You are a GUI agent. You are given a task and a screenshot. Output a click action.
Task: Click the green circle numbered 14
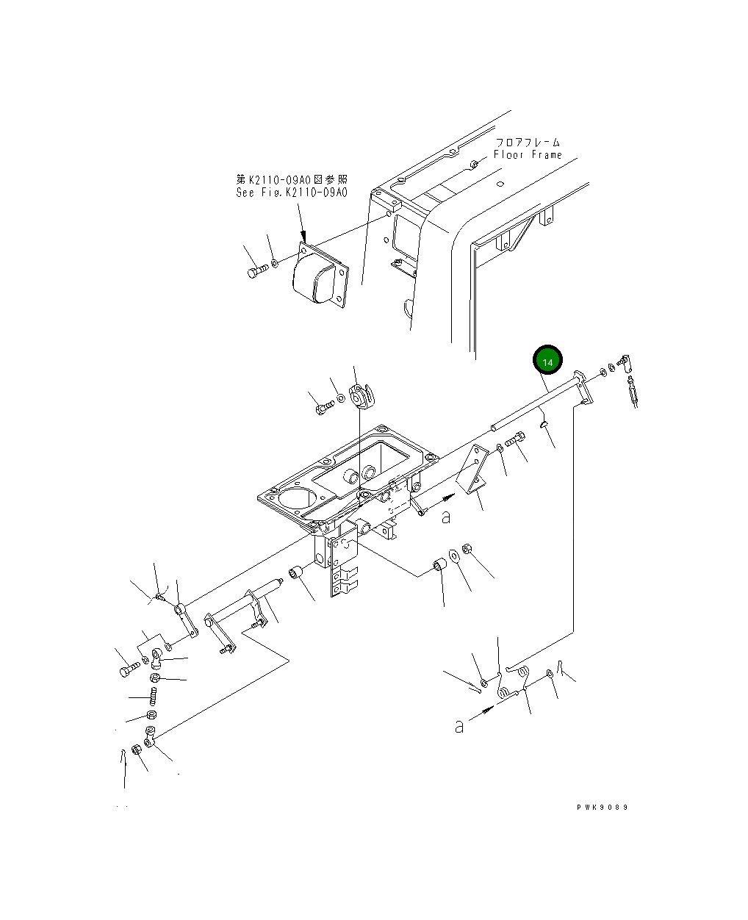click(x=547, y=362)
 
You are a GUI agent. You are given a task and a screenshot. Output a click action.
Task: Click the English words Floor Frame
click(x=528, y=155)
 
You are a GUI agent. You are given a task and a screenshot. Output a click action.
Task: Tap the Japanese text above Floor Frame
click(x=528, y=142)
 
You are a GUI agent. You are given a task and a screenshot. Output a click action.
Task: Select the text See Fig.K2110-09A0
click(x=292, y=193)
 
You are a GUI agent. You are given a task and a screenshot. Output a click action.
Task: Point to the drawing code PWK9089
click(x=602, y=807)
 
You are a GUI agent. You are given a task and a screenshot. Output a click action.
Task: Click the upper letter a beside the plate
click(x=446, y=517)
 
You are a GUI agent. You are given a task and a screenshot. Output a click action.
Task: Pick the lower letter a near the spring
click(x=459, y=726)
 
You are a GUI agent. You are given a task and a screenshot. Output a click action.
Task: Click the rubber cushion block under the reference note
click(x=317, y=279)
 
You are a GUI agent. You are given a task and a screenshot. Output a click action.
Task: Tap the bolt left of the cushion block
click(x=254, y=273)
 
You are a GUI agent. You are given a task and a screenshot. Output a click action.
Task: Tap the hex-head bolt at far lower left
click(x=128, y=669)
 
